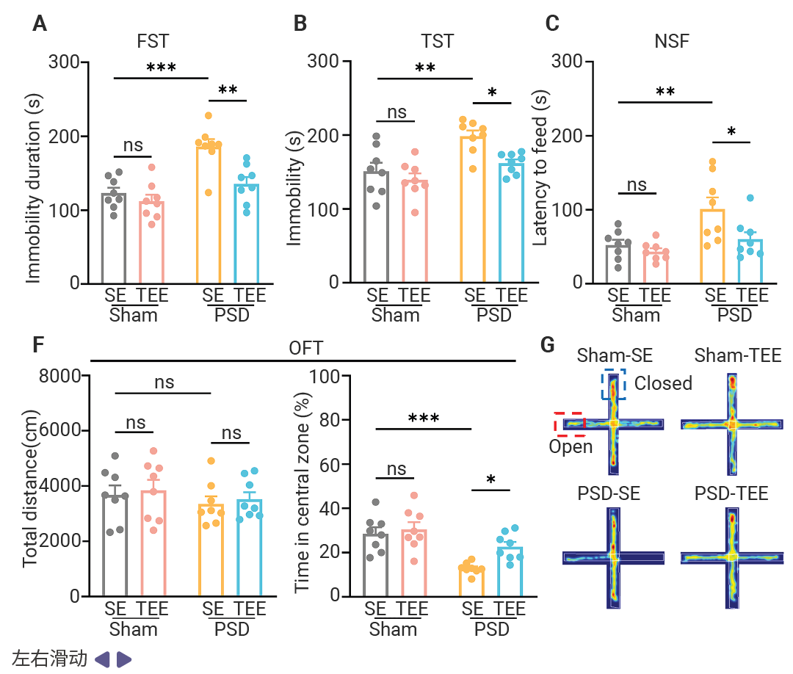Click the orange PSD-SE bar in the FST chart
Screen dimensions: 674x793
coord(209,213)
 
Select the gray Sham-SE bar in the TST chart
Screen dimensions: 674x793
coord(377,228)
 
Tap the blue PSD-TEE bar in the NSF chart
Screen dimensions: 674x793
coord(749,261)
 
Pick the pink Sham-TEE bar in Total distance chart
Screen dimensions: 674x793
coord(153,543)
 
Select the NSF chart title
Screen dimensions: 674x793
coord(671,40)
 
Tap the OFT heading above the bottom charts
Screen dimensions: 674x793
coord(305,347)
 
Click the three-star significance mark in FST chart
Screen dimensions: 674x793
coord(161,68)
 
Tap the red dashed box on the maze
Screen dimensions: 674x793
coord(568,424)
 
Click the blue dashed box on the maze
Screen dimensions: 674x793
coord(613,384)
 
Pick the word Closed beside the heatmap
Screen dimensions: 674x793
coord(663,383)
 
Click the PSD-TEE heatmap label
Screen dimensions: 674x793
coord(731,493)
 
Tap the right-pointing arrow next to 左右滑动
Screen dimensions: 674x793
coord(124,659)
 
